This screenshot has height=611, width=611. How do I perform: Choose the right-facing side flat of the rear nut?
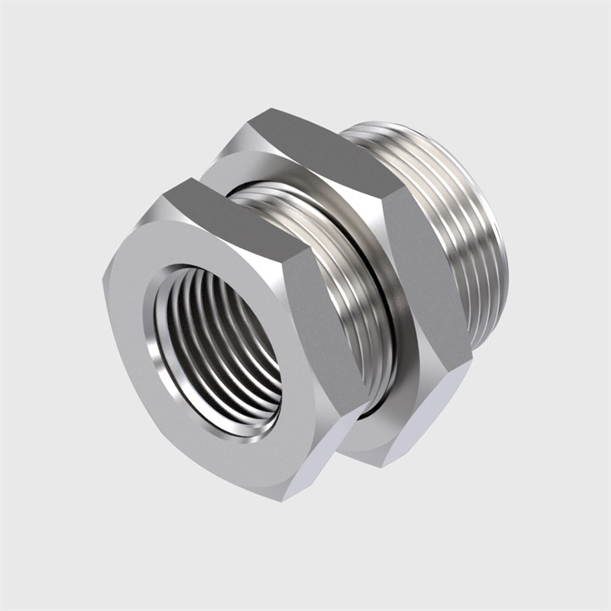pos(424,280)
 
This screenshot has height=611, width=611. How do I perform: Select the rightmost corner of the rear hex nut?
pos(472,365)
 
